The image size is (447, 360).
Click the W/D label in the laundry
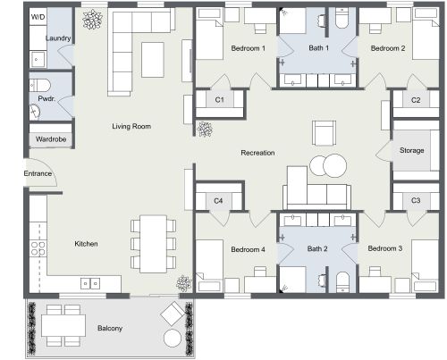[x=38, y=17]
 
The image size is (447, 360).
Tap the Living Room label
[x=131, y=127]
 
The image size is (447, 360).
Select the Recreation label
[x=257, y=154]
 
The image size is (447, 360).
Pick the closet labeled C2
[x=416, y=101]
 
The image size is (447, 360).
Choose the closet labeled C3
[x=416, y=201]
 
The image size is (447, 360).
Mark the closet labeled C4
[x=218, y=201]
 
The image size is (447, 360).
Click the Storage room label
[x=412, y=151]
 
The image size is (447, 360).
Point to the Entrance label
[x=38, y=173]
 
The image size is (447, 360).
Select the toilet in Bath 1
[x=342, y=20]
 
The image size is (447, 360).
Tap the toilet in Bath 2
[x=342, y=280]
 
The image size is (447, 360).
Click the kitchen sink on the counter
[x=90, y=283]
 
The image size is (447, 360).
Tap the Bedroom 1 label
[x=249, y=48]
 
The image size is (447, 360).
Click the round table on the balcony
[x=172, y=338]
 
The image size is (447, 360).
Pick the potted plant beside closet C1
[x=206, y=130]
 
